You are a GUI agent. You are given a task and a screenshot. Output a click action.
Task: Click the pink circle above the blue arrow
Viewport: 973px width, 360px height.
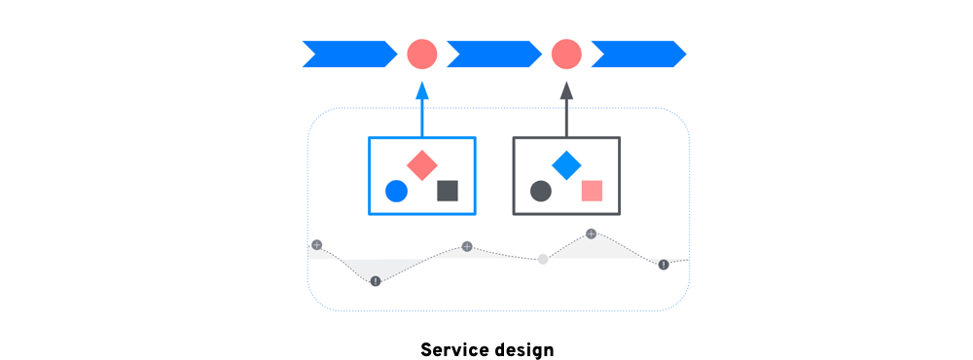click(421, 54)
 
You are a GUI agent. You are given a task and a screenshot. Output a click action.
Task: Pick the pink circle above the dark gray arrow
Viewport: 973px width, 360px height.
click(566, 54)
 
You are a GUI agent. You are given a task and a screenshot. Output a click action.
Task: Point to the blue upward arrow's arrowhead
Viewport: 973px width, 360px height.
click(421, 90)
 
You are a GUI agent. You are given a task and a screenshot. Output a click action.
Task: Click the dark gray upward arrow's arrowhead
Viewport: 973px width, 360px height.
click(566, 90)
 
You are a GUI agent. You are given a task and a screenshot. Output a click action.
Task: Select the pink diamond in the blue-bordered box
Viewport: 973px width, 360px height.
click(421, 165)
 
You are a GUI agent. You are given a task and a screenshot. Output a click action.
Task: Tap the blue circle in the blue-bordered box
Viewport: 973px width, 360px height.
click(396, 191)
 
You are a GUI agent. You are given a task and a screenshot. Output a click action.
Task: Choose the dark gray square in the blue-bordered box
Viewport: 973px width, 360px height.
click(448, 191)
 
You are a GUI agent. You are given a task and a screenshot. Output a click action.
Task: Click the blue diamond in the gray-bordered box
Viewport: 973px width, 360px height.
click(566, 165)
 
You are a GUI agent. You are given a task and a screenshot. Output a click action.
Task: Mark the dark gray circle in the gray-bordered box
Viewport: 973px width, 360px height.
click(541, 191)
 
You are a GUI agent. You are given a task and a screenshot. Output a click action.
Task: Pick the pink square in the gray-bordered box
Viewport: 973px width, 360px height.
click(592, 191)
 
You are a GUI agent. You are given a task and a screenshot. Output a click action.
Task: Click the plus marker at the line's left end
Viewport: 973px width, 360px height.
click(316, 245)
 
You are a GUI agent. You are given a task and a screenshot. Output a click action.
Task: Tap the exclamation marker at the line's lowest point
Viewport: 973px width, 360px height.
click(376, 281)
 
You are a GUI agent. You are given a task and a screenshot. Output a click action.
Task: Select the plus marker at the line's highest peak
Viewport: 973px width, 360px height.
click(591, 234)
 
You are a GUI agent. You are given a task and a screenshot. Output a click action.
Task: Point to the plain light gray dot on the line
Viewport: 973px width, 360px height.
click(543, 259)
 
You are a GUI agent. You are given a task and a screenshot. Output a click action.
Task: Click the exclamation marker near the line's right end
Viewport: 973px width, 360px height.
click(664, 265)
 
